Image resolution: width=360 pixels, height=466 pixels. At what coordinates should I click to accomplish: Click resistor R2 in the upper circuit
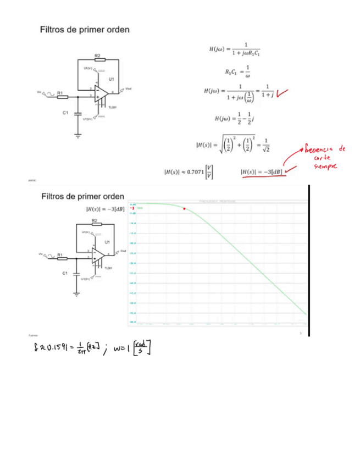(97, 59)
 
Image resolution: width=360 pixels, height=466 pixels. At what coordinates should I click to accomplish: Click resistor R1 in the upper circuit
(62, 97)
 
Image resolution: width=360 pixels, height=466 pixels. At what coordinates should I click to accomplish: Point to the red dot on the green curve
(184, 209)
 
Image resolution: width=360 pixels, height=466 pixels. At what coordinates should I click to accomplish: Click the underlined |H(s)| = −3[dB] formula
(262, 172)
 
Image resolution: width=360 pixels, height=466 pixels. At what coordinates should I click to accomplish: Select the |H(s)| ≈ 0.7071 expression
(189, 172)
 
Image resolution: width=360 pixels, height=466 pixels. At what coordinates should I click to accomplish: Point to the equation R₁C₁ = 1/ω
(237, 71)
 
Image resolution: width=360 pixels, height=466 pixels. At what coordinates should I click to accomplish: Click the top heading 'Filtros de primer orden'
(85, 30)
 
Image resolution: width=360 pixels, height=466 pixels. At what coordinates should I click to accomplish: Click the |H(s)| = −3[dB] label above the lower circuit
(104, 209)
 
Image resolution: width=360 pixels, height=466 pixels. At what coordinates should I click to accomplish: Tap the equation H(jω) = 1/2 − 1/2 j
(233, 119)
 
